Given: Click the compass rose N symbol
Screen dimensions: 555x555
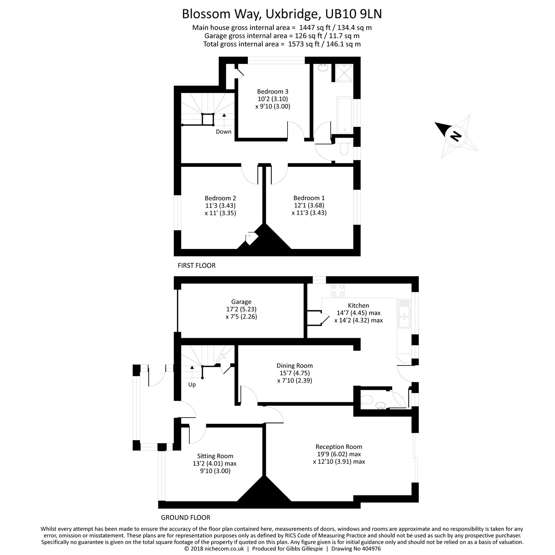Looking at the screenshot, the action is (455, 137).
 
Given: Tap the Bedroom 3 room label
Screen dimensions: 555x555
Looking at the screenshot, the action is (272, 92).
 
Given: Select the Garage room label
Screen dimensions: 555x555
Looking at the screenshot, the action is (241, 302).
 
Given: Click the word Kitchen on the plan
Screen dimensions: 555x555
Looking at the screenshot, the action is (358, 306).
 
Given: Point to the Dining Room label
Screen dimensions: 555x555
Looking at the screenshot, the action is (295, 366).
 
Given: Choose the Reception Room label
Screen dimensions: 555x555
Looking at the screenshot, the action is (339, 447).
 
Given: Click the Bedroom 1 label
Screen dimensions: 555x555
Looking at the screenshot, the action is (309, 198).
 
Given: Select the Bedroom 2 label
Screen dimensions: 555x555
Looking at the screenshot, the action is (220, 198).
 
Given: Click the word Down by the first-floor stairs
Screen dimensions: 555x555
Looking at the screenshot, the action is (223, 132).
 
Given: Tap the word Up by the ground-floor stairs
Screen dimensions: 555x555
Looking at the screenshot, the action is (192, 385).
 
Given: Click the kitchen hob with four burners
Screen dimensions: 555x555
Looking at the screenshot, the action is (337, 290).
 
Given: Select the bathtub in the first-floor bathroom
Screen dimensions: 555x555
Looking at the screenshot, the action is (344, 115).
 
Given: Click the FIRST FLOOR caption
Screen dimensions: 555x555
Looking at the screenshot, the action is (196, 266).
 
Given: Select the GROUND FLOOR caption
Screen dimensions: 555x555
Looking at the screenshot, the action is (185, 518).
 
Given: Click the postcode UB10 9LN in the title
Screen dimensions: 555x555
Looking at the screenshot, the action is (353, 14).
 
